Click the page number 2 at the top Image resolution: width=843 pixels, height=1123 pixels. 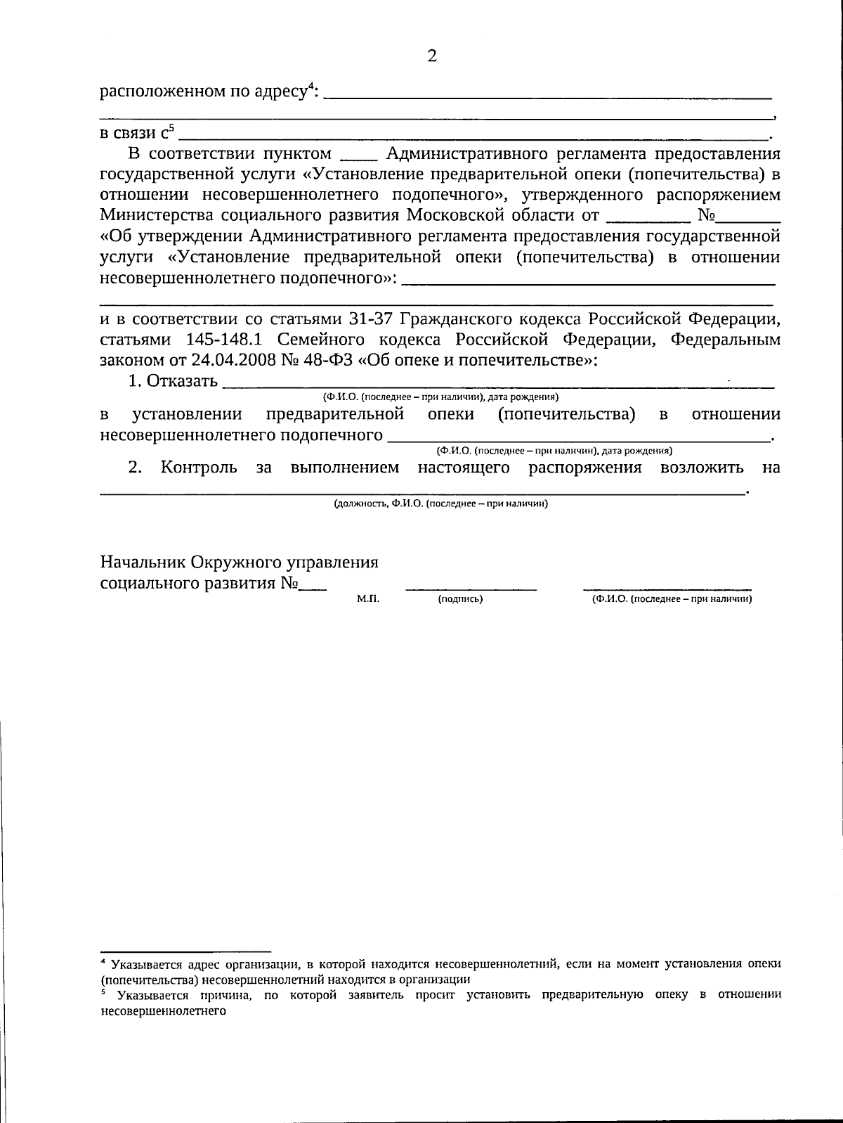pyautogui.click(x=431, y=56)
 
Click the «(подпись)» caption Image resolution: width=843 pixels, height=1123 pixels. pyautogui.click(x=460, y=599)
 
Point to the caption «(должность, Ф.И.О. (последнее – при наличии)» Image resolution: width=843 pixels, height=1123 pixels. pyautogui.click(x=440, y=503)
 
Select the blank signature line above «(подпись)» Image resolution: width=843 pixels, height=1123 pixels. pyautogui.click(x=471, y=588)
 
